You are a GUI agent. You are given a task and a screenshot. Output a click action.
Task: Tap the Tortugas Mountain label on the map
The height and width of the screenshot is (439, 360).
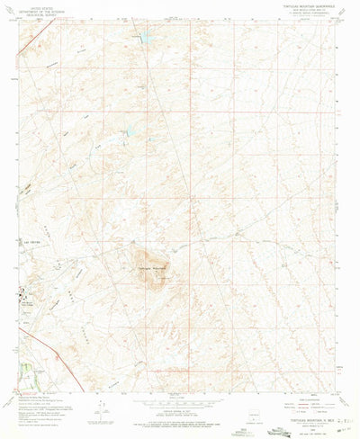[x=152, y=270]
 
